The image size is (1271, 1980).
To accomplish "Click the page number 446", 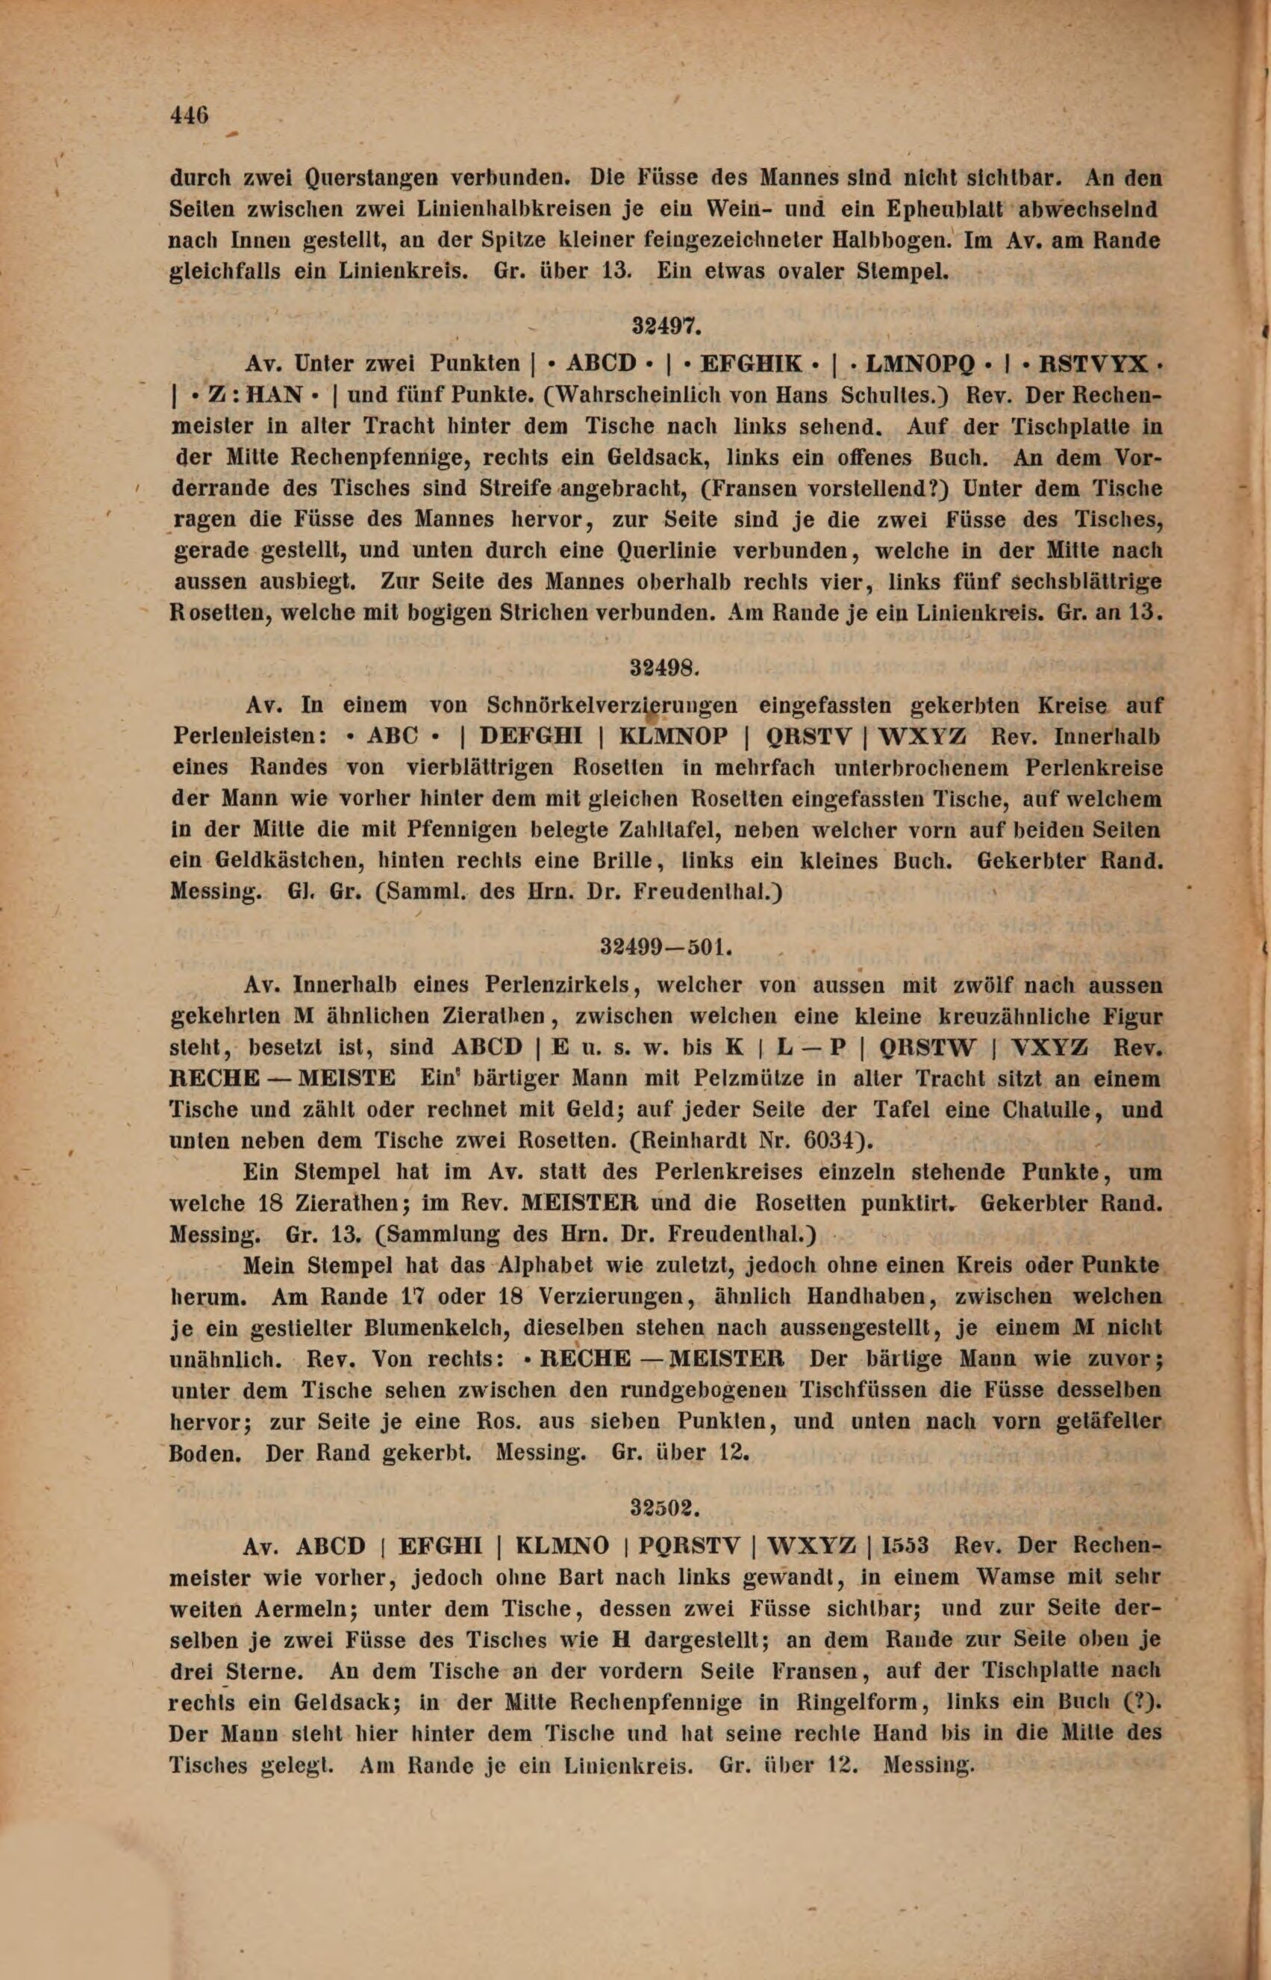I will [189, 114].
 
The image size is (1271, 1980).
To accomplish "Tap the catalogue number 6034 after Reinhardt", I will [827, 1141].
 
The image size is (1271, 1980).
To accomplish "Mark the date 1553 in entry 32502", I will [906, 1546].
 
